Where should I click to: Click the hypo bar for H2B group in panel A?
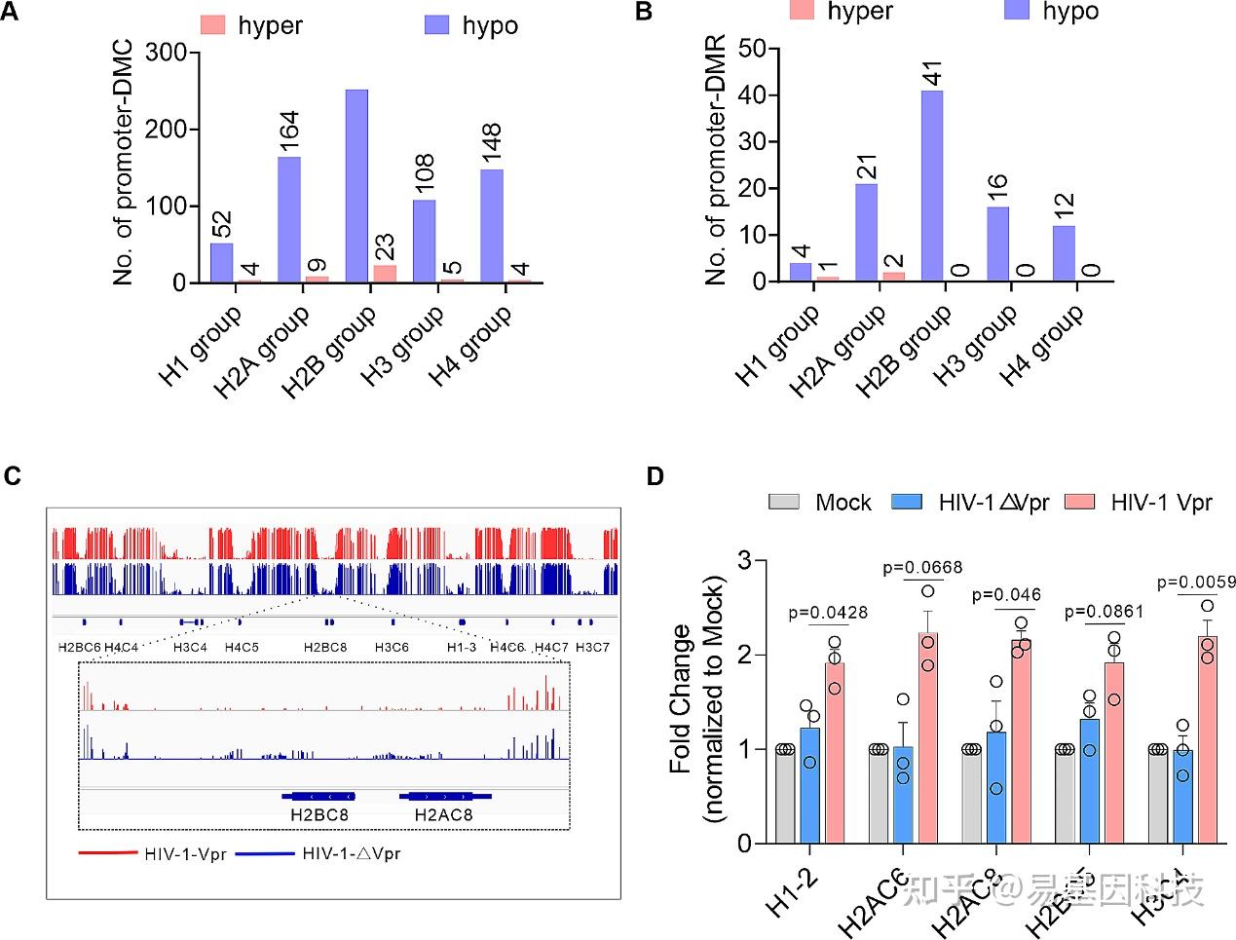coord(356,186)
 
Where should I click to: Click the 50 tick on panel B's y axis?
coord(753,49)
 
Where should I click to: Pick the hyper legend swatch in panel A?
coord(212,24)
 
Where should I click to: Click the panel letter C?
coord(13,476)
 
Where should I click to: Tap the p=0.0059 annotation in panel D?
coord(1196,583)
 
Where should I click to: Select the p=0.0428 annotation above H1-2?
coord(828,613)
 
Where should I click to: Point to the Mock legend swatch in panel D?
coord(783,503)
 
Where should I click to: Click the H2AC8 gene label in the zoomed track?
coord(443,814)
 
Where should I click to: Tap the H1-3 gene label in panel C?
coord(462,647)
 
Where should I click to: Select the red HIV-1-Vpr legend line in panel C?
coord(107,853)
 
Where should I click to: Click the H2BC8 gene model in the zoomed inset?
coord(318,796)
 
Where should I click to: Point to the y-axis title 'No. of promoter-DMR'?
coord(716,161)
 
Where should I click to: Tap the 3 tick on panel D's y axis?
coord(745,561)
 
